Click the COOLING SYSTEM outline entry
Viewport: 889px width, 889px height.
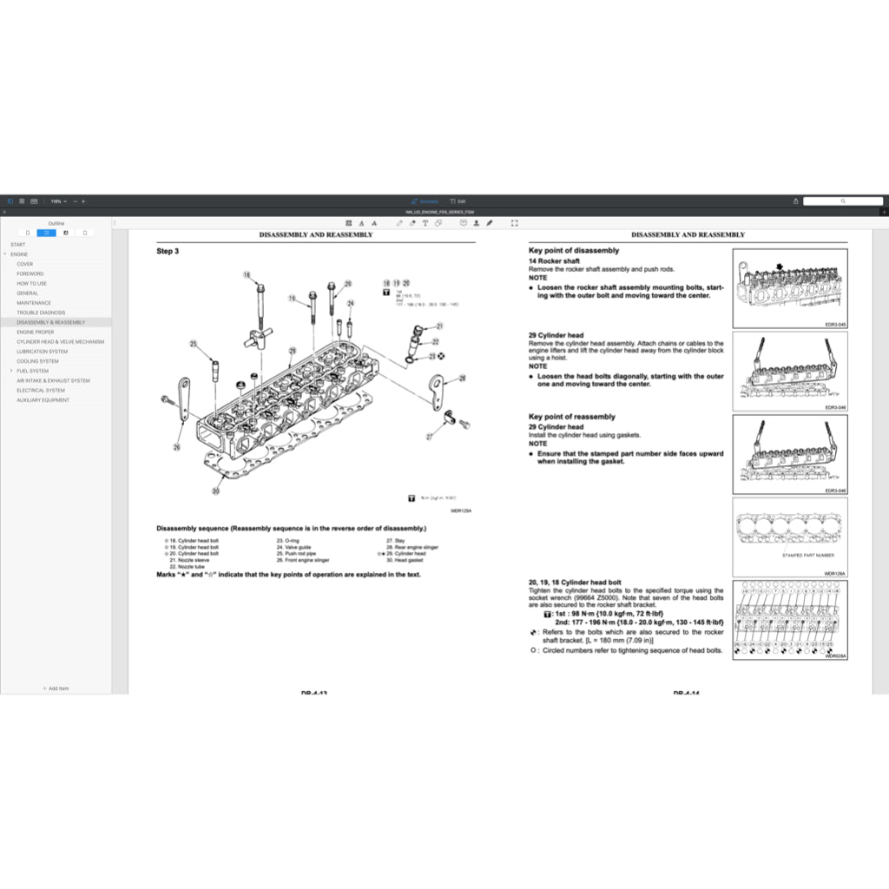(x=37, y=361)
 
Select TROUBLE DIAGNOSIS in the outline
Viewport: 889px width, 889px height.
(x=41, y=313)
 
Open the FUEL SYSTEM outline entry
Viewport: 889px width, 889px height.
(x=32, y=371)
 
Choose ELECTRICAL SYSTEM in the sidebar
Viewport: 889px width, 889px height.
(x=41, y=391)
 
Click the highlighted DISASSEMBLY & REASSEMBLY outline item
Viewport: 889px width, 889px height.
(x=50, y=322)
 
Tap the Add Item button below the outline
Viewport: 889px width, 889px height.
(x=56, y=688)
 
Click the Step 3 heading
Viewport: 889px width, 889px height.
(x=168, y=252)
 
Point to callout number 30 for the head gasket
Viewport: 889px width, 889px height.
(x=216, y=491)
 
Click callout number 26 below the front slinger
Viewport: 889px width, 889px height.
(x=177, y=447)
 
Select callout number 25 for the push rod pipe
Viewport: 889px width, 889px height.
(x=194, y=344)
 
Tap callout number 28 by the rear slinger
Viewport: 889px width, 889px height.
(x=462, y=378)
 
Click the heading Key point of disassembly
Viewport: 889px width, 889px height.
(x=574, y=251)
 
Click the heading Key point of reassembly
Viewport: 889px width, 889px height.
(x=572, y=417)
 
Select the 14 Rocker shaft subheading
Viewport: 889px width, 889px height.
(x=554, y=261)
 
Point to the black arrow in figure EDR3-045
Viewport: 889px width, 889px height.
(x=780, y=267)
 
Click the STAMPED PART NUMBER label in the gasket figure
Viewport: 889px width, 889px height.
(x=807, y=555)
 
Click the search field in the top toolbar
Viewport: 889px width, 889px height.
(x=842, y=201)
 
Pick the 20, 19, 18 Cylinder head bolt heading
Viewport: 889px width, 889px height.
(x=575, y=583)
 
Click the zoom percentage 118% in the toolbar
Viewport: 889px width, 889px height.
(x=56, y=201)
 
